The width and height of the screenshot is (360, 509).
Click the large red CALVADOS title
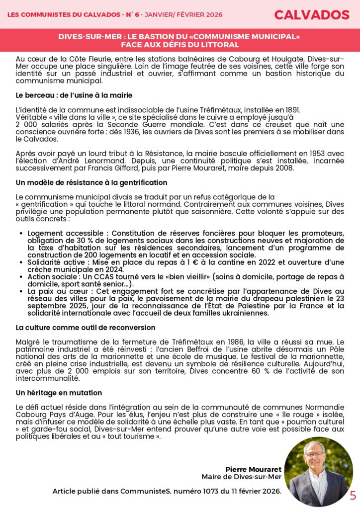pos(311,15)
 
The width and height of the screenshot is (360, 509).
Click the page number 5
pos(353,496)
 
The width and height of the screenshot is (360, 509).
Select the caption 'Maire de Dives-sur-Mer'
pos(241,477)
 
